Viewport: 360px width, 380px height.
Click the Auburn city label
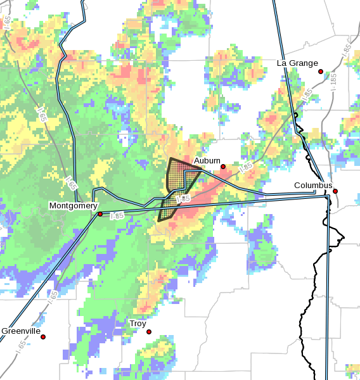click(207, 160)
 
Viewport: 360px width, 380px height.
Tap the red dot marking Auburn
click(223, 167)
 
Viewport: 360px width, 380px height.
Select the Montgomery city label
click(74, 206)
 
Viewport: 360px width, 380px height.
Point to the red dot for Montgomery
click(100, 214)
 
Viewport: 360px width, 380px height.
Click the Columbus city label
click(313, 185)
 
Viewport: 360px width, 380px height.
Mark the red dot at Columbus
click(335, 191)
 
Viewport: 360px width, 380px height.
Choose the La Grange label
click(297, 63)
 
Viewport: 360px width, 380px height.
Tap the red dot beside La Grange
click(321, 71)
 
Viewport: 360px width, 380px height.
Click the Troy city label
click(138, 323)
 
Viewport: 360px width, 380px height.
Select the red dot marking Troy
click(149, 331)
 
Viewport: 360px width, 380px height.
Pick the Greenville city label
click(21, 331)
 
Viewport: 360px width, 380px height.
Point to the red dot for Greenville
click(43, 337)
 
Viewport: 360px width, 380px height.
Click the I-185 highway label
click(334, 82)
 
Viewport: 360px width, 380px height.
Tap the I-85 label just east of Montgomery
click(117, 215)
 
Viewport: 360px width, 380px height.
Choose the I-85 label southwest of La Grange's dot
click(306, 95)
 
